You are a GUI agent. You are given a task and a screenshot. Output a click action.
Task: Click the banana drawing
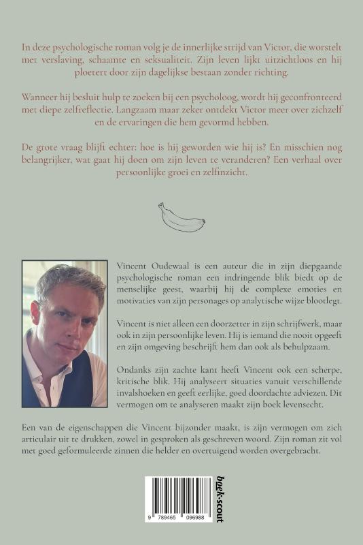tap(181, 217)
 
